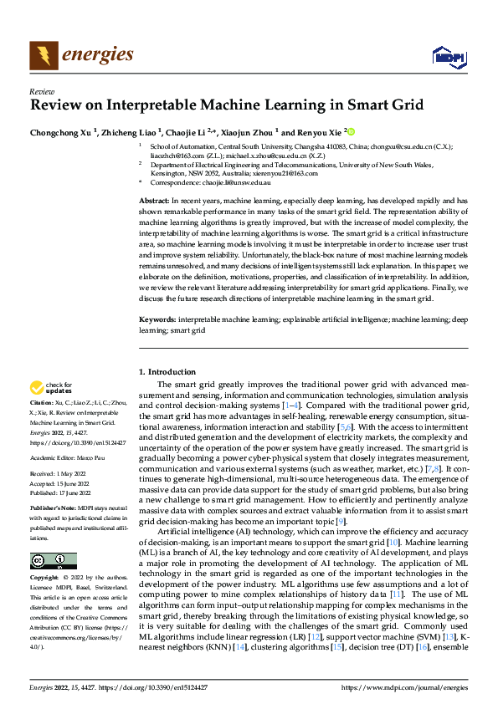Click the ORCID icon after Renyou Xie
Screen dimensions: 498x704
(x=351, y=131)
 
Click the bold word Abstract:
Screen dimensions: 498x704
(x=154, y=202)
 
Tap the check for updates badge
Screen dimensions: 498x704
(x=48, y=388)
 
